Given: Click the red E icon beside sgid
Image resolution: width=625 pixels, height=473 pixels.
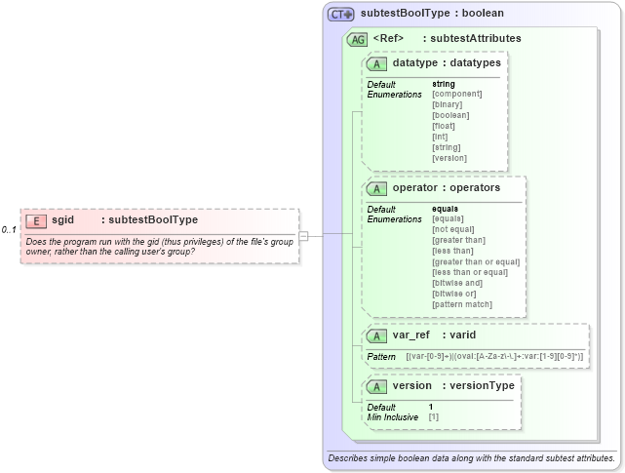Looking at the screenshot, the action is pos(36,220).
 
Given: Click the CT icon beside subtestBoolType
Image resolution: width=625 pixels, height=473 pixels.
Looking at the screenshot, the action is pos(341,15).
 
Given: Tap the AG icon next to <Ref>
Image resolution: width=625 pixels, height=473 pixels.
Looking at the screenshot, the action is pos(358,39).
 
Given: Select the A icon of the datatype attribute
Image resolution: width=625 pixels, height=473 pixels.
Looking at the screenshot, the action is pos(376,63).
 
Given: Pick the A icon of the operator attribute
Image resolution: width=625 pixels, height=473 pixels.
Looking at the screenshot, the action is pos(376,187).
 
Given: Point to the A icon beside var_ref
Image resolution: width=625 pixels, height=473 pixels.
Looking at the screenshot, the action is pos(376,335).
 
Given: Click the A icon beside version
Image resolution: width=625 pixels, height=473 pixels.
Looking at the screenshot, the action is pos(376,385).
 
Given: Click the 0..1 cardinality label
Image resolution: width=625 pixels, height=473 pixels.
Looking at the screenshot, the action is pos(10,230).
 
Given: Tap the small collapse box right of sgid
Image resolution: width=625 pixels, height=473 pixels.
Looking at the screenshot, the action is pos(303,235).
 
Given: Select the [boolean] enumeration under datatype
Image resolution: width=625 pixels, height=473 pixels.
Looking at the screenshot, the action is pos(449,115).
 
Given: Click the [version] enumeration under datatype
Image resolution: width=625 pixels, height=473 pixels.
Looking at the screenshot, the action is pos(449,158).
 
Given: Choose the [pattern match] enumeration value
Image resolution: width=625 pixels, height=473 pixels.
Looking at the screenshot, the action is pos(462,304).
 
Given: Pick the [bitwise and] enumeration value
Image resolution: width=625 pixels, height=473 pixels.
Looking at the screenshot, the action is pos(457,283).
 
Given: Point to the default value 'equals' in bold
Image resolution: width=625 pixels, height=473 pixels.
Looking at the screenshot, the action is pos(446,209).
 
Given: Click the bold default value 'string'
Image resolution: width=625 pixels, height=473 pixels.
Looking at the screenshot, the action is pos(443,84).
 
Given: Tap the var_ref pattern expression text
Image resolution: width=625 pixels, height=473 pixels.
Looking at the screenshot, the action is pos(494,357).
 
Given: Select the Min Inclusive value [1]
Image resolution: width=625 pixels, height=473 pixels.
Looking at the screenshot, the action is pos(434,416).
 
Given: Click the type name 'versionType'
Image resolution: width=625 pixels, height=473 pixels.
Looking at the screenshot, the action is pos(478,385).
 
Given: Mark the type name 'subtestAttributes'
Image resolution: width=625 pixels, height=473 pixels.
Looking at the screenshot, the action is pos(475,39).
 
